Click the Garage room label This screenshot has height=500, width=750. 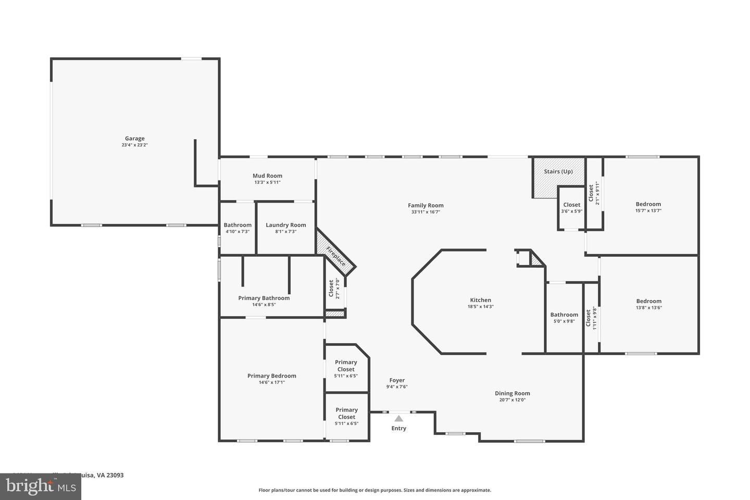[x=134, y=139]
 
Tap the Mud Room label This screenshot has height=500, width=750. [x=267, y=176]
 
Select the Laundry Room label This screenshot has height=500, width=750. [x=285, y=225]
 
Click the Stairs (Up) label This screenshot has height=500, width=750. [x=558, y=171]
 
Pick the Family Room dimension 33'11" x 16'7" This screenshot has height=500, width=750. [x=426, y=212]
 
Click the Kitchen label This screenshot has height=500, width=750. [x=480, y=300]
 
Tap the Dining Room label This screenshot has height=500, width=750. [x=512, y=394]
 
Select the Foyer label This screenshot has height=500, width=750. [x=396, y=380]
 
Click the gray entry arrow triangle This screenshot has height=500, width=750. [x=398, y=418]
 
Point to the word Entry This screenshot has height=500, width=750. [x=398, y=428]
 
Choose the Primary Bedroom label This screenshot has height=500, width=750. [x=271, y=376]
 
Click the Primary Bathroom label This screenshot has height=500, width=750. [x=264, y=298]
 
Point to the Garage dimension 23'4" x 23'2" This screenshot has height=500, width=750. [x=134, y=145]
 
